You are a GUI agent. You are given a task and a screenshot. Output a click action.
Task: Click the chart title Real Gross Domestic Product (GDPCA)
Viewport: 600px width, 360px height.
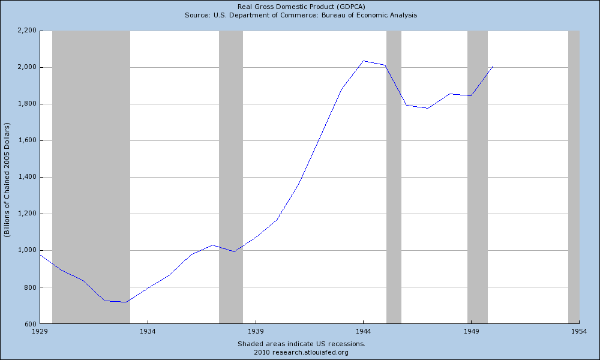(x=301, y=7)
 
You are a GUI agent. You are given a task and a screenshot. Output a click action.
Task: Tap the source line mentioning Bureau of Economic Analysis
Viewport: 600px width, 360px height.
(x=301, y=15)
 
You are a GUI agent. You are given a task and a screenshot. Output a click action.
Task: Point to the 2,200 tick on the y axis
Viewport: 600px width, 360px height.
(x=26, y=31)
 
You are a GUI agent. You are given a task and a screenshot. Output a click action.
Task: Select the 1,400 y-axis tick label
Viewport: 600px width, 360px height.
(x=26, y=177)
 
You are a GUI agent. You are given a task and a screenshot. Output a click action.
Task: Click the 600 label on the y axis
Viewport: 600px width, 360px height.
(x=29, y=323)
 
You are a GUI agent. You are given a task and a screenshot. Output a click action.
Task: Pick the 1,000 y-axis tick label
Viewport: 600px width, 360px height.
(x=26, y=250)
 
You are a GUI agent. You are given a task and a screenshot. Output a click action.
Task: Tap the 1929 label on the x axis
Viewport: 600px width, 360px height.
(x=40, y=331)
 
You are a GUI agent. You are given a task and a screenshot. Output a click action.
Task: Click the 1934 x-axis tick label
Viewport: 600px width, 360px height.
(x=148, y=331)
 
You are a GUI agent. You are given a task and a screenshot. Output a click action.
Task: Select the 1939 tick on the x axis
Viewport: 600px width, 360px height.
(x=256, y=331)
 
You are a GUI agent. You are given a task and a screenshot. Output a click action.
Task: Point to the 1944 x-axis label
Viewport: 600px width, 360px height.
(x=364, y=331)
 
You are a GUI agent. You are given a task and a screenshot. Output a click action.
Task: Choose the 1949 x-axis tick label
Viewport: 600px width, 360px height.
(x=471, y=331)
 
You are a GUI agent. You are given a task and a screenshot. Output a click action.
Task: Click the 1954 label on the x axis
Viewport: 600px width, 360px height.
(x=578, y=331)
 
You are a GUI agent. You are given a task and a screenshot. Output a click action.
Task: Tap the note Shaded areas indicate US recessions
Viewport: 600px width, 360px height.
(x=301, y=344)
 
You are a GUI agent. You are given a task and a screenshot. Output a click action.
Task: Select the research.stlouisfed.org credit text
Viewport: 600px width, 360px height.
(x=301, y=352)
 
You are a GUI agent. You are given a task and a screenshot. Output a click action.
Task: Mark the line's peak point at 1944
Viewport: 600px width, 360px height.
(x=364, y=61)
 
